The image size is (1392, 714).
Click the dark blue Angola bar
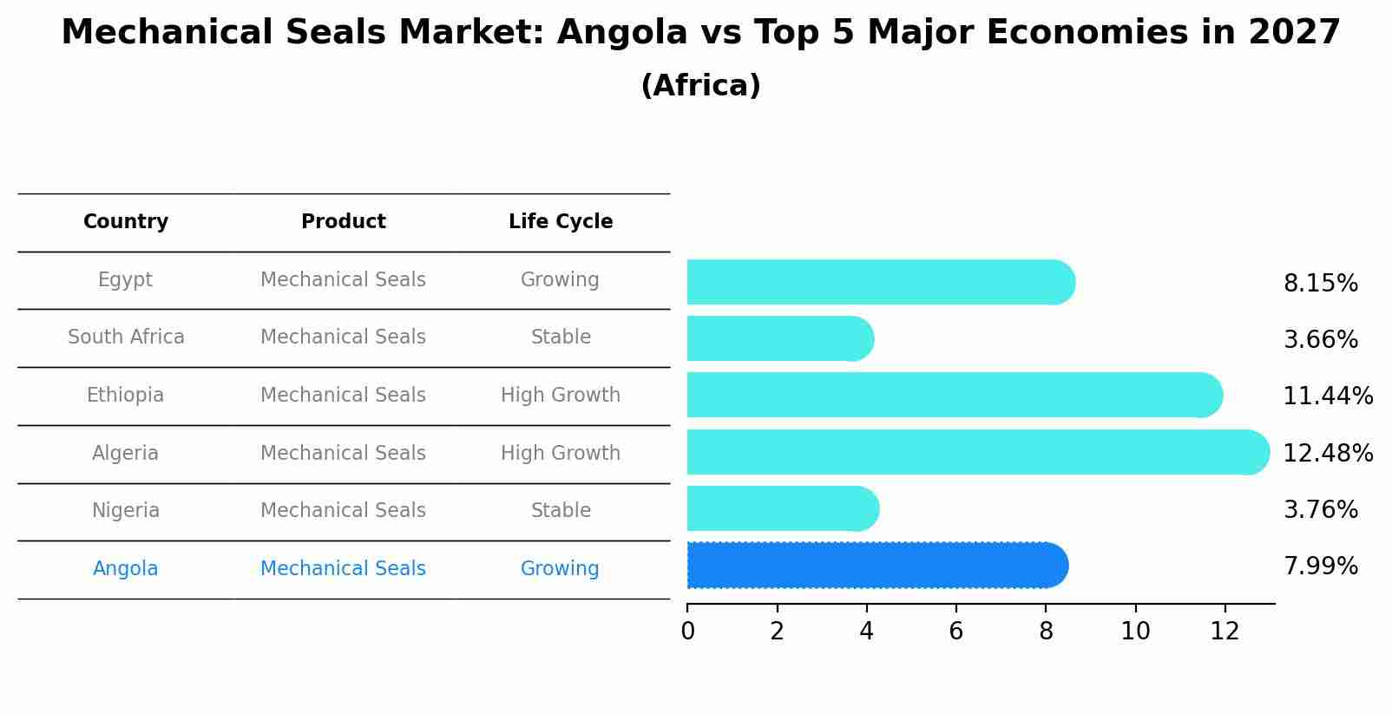pos(877,566)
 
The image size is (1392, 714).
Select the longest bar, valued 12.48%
pos(976,452)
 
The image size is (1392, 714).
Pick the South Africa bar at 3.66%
pos(778,338)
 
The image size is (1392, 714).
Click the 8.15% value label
pos(1320,284)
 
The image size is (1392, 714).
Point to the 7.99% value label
pos(1320,567)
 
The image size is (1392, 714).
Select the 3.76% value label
pos(1320,510)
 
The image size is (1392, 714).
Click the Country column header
pos(126,222)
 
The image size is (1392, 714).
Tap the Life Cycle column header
pos(561,222)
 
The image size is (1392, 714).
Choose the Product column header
pos(343,222)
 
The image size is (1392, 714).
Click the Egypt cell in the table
pos(125,280)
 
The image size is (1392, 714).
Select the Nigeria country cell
pos(126,511)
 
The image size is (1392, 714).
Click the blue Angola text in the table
pos(126,569)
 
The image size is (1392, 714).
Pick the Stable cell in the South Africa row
pos(561,337)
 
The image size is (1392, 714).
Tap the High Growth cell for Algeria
pos(561,454)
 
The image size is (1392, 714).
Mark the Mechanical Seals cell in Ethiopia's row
pos(343,396)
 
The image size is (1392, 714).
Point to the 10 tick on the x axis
pos(1135,632)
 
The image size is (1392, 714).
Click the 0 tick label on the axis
pos(687,632)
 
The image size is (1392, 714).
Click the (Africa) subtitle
pos(700,86)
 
